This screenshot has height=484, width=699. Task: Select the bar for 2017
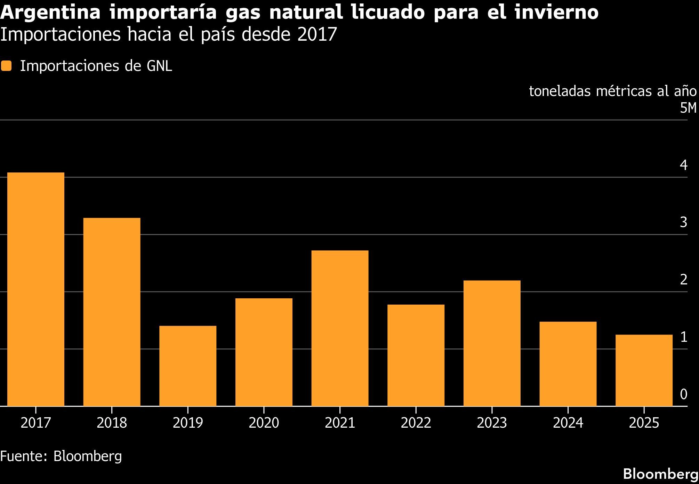point(36,289)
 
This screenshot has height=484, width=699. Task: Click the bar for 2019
point(188,366)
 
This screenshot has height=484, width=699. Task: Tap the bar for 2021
point(340,328)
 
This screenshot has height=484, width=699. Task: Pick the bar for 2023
point(492,343)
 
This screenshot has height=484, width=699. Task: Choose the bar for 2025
point(644,370)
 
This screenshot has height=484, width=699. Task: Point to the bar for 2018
point(112,312)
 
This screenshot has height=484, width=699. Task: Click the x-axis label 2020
point(264,423)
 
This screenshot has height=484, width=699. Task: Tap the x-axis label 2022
point(416,423)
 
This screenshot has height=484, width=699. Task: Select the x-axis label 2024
point(568,423)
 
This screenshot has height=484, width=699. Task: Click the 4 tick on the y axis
point(684,165)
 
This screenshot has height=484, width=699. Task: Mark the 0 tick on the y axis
point(684,394)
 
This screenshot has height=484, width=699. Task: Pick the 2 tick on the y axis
point(684,280)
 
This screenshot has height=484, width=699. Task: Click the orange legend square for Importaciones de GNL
point(6,66)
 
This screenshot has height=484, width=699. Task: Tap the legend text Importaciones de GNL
point(96,66)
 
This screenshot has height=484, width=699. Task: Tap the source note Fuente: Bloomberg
point(61,456)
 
